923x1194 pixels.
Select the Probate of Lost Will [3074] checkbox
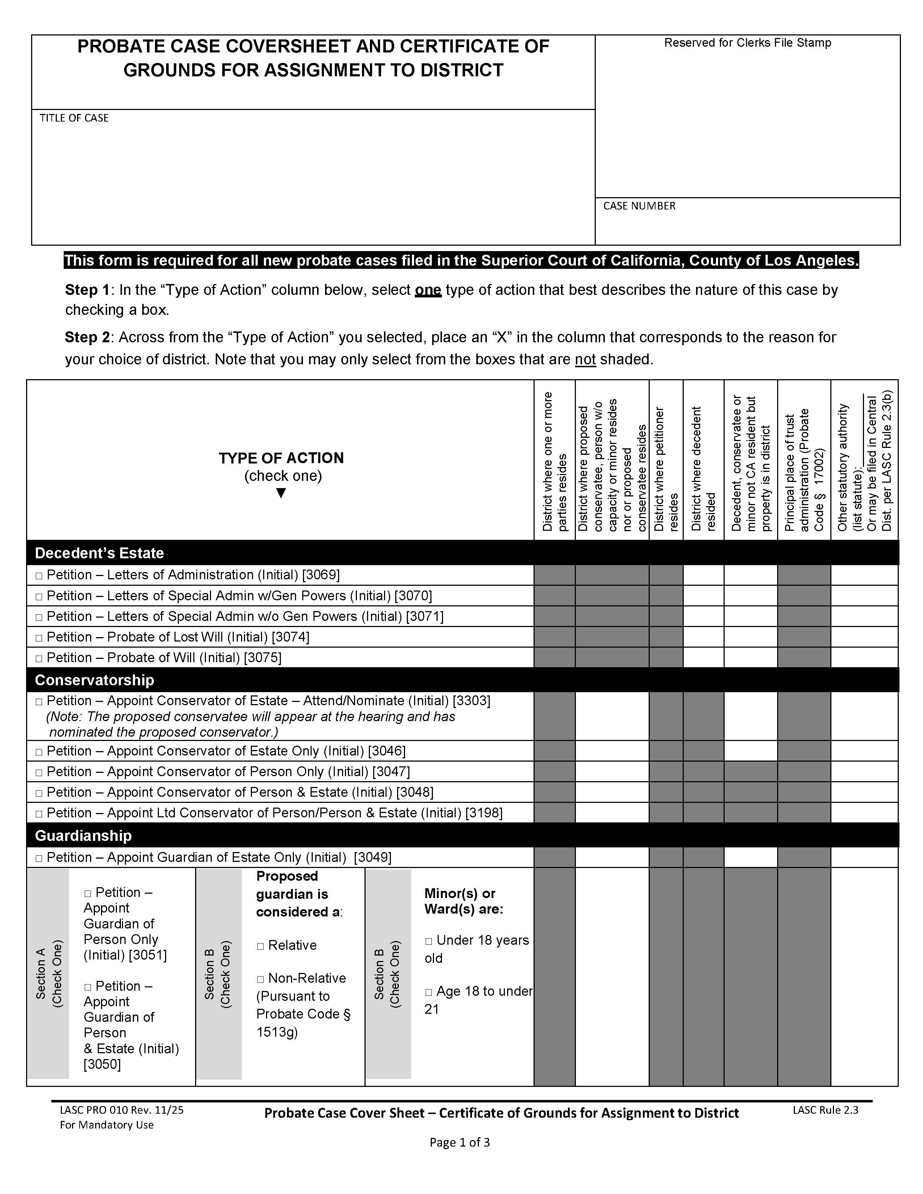39,638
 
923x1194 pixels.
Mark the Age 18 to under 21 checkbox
429,992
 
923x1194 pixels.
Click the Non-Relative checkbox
260,979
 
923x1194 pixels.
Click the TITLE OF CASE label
74,118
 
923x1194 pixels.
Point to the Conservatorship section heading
94,680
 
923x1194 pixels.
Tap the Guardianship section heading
83,835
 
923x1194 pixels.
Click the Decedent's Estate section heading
99,553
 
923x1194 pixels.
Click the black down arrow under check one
281,493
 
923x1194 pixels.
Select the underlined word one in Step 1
427,290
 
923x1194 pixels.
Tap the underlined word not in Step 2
585,360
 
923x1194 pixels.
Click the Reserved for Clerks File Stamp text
747,43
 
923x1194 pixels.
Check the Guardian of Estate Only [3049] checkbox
39,858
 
